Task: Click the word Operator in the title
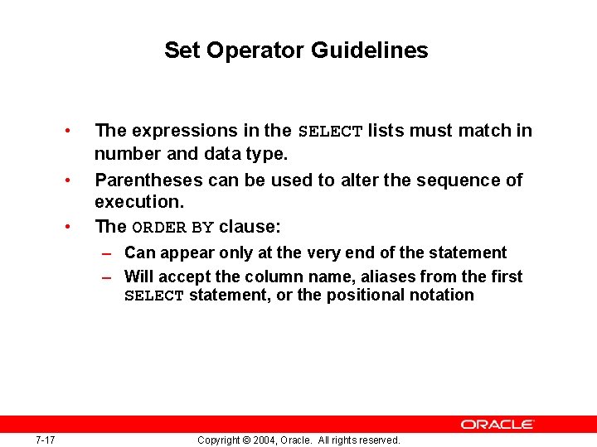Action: [x=256, y=50]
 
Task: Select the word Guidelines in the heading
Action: [x=370, y=50]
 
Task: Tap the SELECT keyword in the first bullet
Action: [x=330, y=132]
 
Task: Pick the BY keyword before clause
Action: [x=203, y=228]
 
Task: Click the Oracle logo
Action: [x=498, y=424]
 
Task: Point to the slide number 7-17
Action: [x=46, y=440]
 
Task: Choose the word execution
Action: [x=128, y=202]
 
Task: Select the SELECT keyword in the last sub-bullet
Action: [x=153, y=296]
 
